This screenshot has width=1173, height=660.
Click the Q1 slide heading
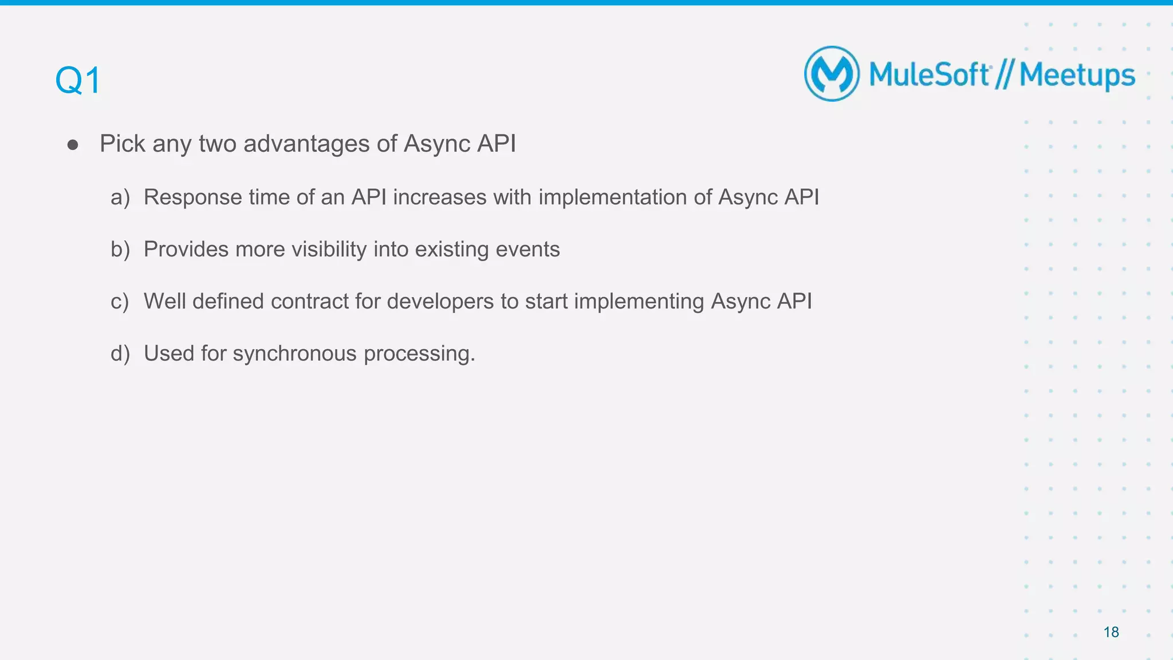click(78, 80)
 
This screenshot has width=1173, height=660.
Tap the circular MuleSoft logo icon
click(832, 74)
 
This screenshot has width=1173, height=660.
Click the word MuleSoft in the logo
click(929, 75)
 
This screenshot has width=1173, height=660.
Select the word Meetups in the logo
click(1077, 76)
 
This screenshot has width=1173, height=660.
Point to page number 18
click(1111, 632)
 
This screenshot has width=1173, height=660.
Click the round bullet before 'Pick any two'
click(73, 145)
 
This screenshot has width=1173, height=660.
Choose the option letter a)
click(120, 197)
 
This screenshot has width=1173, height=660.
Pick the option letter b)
click(120, 250)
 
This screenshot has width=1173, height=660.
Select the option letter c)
click(120, 302)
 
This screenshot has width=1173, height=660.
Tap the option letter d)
click(120, 354)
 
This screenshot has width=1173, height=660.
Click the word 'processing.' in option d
click(419, 354)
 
